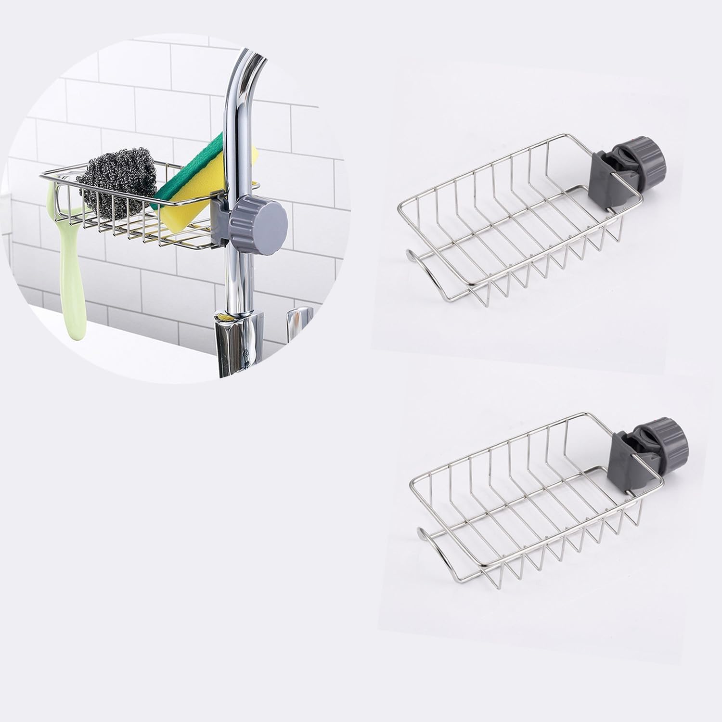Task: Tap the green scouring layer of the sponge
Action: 193,168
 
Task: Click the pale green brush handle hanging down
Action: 72,270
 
